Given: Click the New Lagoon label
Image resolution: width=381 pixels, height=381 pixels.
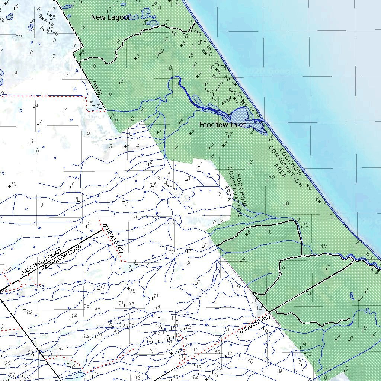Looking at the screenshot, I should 111,17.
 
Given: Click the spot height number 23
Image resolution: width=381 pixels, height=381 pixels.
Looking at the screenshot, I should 24,365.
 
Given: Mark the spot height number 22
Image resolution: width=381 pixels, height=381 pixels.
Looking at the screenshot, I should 26,378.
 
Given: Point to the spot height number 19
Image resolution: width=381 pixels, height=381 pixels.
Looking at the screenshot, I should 31,352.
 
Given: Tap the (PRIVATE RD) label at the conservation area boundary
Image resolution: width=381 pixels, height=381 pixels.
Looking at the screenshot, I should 255,324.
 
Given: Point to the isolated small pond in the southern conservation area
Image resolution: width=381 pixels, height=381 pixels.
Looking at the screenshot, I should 352,296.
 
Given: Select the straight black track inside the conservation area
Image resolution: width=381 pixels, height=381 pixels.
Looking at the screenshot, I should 313,289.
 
